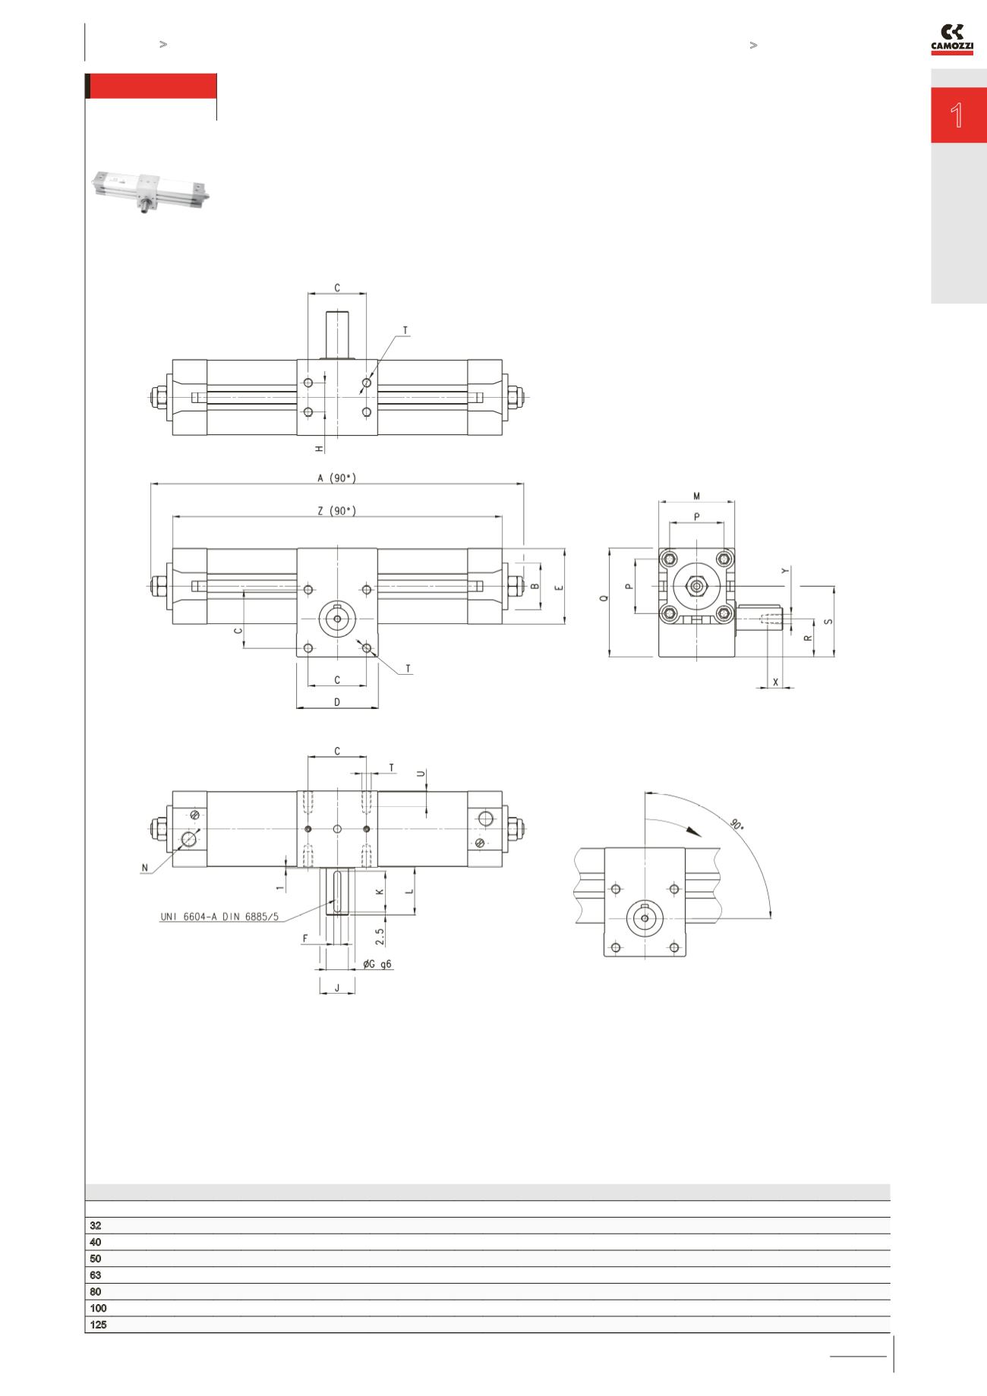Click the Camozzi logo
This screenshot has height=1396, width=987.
click(x=951, y=40)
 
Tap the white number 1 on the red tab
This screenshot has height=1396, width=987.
click(x=957, y=115)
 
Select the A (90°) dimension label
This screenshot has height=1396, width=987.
click(x=336, y=478)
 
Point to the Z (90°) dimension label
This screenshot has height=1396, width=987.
click(x=336, y=512)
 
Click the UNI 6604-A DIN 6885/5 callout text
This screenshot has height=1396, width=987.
click(x=219, y=916)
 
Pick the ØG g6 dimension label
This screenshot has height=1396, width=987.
click(x=377, y=964)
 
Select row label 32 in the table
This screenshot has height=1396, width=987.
click(x=96, y=1225)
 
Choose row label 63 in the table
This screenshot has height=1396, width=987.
click(x=96, y=1275)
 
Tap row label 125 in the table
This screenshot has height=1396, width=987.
click(x=98, y=1325)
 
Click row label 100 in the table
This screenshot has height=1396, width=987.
click(x=98, y=1308)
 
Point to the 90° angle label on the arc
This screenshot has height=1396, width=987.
click(x=736, y=824)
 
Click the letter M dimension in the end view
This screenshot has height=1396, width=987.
click(x=697, y=496)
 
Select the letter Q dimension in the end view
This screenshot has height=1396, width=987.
click(x=604, y=598)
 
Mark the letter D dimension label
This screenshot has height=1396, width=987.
click(x=337, y=702)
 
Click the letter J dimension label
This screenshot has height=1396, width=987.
click(x=337, y=988)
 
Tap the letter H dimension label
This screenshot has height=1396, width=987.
click(x=320, y=449)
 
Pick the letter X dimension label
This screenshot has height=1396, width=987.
click(x=775, y=682)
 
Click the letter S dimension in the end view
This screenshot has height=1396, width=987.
click(x=828, y=621)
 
